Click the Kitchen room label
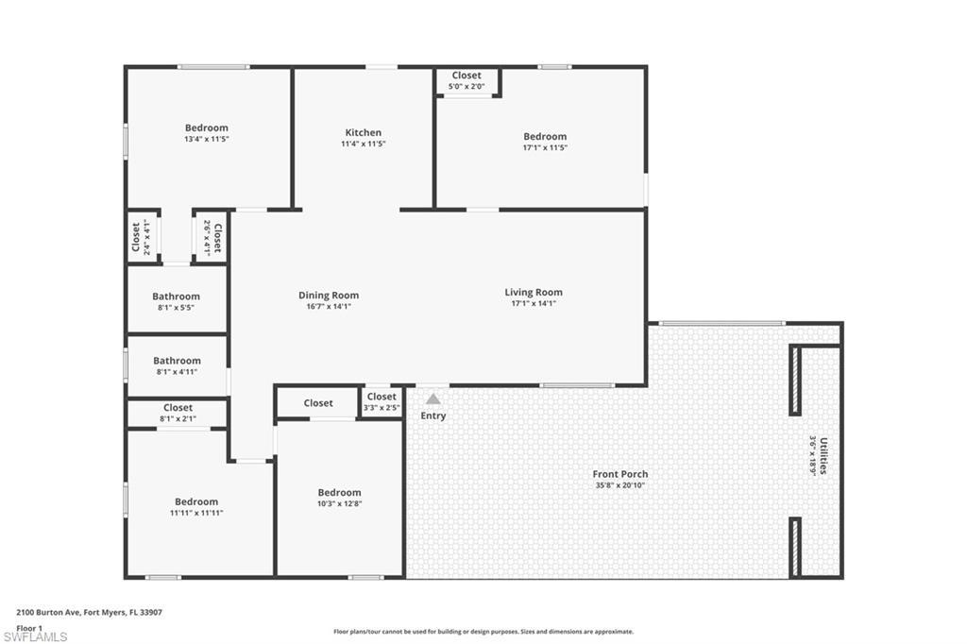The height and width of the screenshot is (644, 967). (x=364, y=133)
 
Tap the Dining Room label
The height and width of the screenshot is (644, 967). (x=329, y=296)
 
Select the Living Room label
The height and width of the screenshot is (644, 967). (x=534, y=293)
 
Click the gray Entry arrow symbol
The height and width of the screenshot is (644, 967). (x=433, y=399)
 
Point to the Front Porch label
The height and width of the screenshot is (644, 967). (x=620, y=474)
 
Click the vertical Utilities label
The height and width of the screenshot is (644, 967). (x=824, y=454)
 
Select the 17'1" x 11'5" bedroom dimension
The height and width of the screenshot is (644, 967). (x=545, y=148)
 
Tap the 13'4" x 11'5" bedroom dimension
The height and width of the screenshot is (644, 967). (x=207, y=139)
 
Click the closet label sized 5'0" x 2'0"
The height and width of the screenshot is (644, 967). (x=467, y=76)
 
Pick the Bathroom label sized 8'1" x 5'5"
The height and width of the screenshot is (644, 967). (x=177, y=297)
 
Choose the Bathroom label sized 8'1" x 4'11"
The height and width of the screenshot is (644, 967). (x=177, y=361)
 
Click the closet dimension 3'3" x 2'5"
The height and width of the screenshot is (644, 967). (x=382, y=408)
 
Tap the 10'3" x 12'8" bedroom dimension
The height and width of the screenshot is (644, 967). (x=339, y=504)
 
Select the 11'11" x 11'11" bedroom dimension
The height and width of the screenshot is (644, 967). (x=196, y=513)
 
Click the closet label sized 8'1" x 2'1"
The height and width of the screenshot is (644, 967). (x=178, y=408)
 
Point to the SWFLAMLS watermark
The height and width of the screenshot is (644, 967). (x=35, y=636)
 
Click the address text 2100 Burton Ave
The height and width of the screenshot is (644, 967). (x=47, y=612)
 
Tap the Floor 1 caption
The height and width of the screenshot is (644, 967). (x=30, y=627)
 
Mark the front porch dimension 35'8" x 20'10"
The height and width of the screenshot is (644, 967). (x=620, y=485)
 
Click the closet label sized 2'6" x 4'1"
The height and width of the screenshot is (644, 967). (x=217, y=237)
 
